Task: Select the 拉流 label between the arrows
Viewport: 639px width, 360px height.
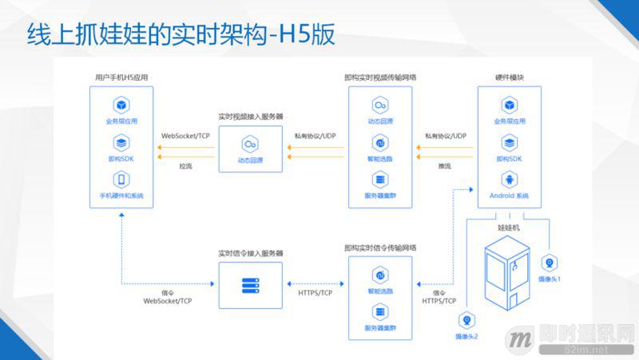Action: click(x=185, y=166)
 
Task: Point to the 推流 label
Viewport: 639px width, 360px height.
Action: click(x=445, y=166)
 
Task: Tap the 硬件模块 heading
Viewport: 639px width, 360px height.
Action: click(x=509, y=77)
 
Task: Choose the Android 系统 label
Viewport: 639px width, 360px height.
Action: click(x=509, y=196)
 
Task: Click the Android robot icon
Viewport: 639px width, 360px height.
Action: click(x=509, y=180)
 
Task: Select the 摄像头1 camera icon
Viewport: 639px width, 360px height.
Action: click(x=550, y=263)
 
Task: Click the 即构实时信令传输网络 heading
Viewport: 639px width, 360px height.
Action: click(x=380, y=247)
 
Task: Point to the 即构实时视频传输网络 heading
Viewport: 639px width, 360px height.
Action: click(x=380, y=77)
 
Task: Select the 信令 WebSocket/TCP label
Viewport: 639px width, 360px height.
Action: click(x=168, y=297)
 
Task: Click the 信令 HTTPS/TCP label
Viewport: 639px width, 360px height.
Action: click(x=439, y=297)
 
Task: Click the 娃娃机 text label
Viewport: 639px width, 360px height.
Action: click(x=509, y=227)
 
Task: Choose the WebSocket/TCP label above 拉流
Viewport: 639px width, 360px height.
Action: click(x=186, y=136)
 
